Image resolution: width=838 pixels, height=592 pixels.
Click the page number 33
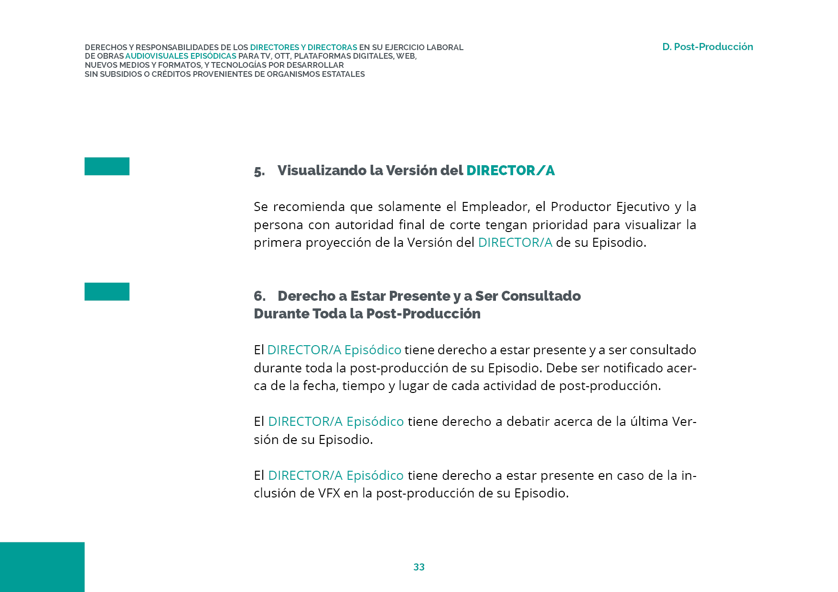coord(419,567)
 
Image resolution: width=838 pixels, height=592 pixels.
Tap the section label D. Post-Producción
coord(707,47)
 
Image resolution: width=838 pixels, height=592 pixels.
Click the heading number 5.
coord(259,171)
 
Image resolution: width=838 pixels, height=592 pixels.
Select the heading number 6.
coord(259,296)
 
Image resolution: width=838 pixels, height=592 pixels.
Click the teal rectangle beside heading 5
coord(107,166)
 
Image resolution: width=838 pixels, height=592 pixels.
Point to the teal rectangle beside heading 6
coord(107,292)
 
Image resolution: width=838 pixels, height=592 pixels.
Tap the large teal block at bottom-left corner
coord(42,567)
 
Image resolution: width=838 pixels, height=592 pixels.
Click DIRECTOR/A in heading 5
coord(510,170)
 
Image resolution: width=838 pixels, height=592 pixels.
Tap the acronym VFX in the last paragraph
coord(329,493)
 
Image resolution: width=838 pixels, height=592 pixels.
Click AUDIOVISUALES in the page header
coord(157,56)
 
